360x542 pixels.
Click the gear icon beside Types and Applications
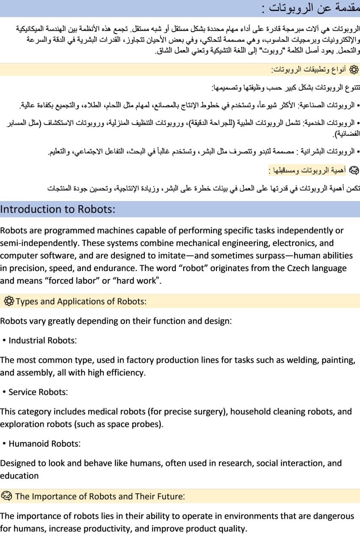[9, 301]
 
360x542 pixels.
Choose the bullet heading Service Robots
[38, 392]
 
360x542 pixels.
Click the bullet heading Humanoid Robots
[44, 444]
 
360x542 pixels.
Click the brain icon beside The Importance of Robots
[7, 496]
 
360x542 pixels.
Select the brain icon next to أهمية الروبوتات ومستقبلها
[353, 170]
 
